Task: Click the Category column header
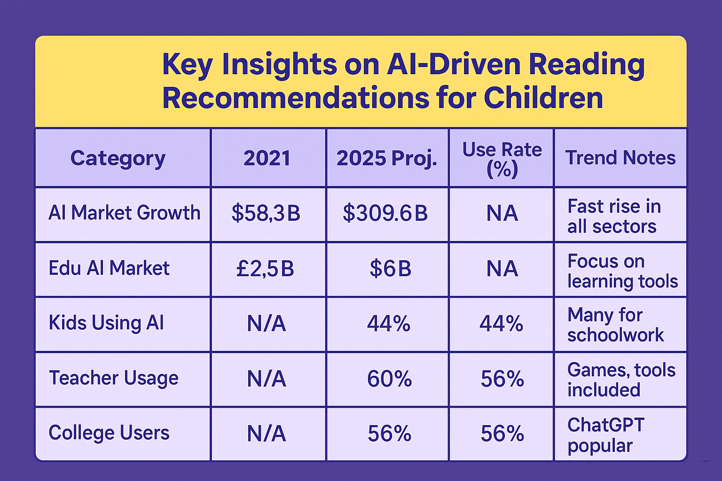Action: pos(118,158)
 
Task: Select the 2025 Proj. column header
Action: pos(387,158)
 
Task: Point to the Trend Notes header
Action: pos(620,158)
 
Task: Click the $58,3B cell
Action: pos(266,213)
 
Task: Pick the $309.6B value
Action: pos(385,213)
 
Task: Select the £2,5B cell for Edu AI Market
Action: pos(265,269)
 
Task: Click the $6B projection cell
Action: pos(391,269)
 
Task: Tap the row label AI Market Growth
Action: pos(125,213)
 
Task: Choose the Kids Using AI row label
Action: pos(106,323)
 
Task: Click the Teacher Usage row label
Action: pos(114,378)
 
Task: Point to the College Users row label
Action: pos(109,433)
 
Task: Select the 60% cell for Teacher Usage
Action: pos(389,379)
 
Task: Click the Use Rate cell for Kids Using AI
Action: pos(502,324)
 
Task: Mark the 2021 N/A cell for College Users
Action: pos(267,434)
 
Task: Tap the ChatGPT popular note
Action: pos(605,435)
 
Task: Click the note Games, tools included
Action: pos(621,380)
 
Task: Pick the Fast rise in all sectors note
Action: pos(614,217)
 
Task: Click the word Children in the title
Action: pos(543,98)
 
